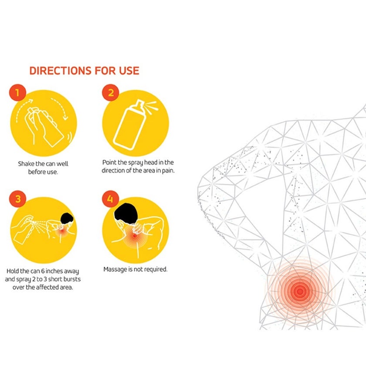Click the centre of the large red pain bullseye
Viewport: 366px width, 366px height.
[300, 291]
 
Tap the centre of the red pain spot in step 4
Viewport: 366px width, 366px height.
[135, 236]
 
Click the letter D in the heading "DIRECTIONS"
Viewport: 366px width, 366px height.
[34, 71]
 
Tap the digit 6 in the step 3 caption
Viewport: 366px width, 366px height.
[43, 271]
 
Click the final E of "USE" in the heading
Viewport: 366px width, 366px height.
[136, 71]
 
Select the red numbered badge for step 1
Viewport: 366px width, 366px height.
[17, 93]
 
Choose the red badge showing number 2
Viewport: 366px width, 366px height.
[111, 93]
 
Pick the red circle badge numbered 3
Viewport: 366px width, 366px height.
[18, 199]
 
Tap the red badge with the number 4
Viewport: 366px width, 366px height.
[111, 199]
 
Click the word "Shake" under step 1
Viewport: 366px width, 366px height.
[26, 164]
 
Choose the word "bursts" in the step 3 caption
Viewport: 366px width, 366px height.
[72, 279]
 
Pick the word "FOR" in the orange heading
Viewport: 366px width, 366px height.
[105, 71]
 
